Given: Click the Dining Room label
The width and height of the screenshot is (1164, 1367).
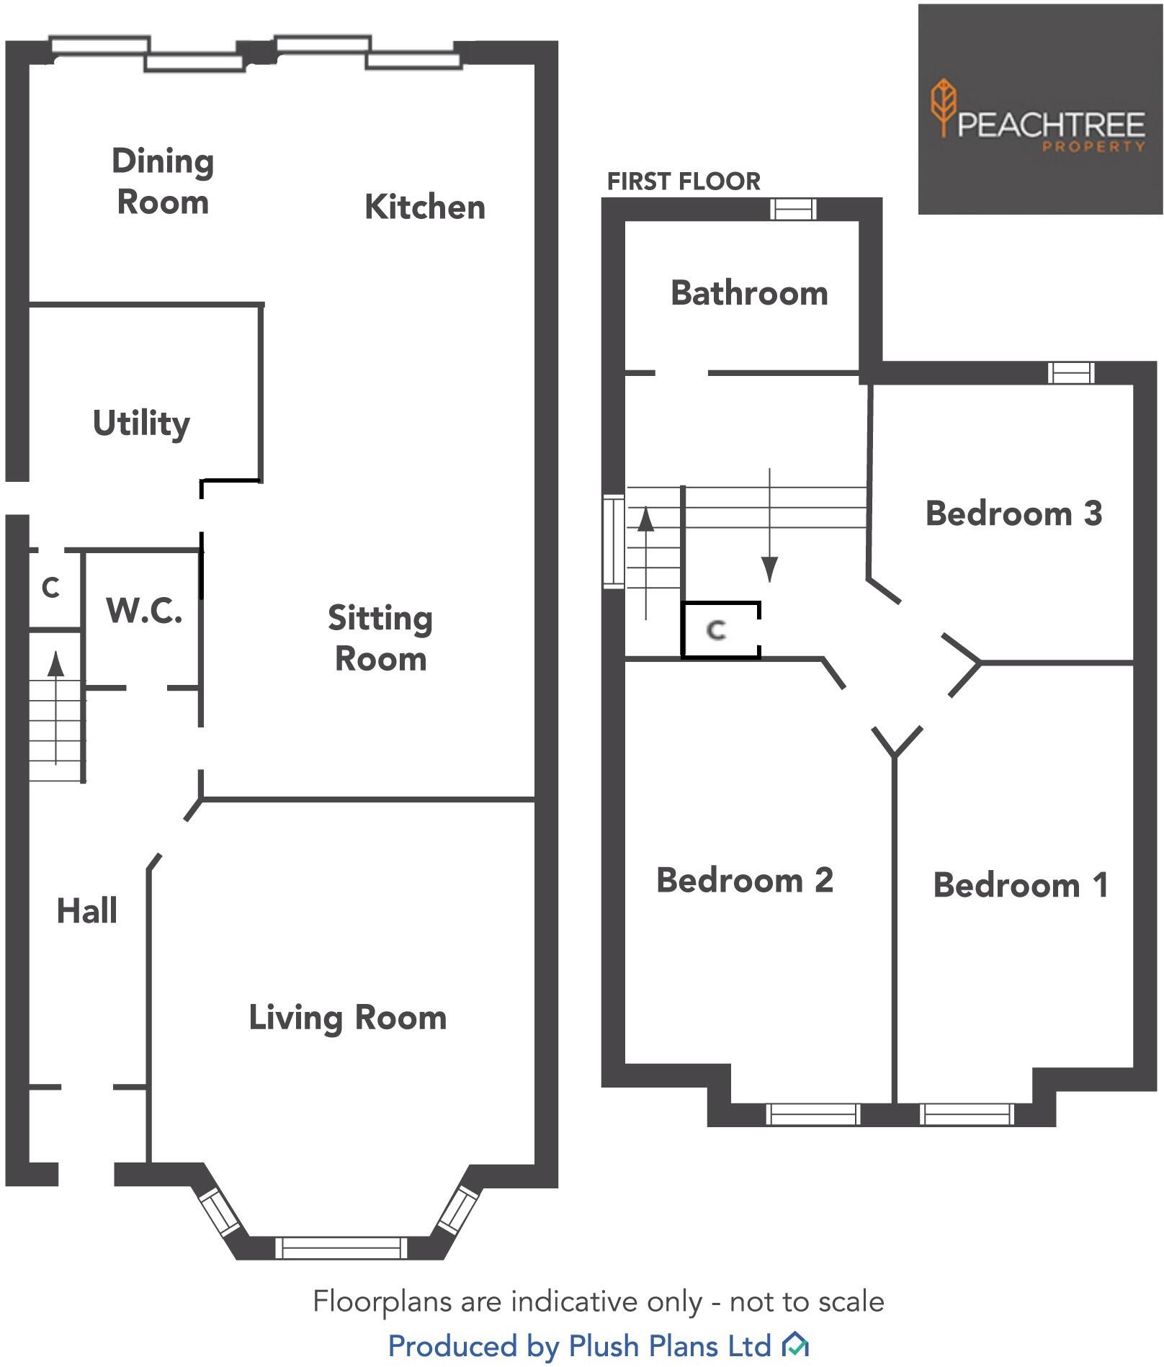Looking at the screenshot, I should coord(163,181).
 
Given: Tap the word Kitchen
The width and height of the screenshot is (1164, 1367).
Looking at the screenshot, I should coord(424,207).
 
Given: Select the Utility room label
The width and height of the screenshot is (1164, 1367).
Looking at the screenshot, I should coord(141,423).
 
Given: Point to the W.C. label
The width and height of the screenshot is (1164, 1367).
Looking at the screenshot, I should coord(144,611).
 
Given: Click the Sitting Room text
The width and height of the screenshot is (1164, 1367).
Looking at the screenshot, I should coord(380,638).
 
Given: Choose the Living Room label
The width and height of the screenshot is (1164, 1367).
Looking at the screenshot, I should coord(347,1018).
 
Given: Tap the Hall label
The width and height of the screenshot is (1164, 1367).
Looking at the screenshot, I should coord(86,911).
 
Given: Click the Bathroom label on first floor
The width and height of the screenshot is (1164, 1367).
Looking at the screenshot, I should coord(749,293).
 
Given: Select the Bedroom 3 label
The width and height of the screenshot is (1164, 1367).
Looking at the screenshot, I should coord(1013,514).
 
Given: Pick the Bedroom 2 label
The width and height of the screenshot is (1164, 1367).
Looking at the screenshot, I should coord(745,880).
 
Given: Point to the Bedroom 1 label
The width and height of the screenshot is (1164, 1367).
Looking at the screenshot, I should coord(1020,885).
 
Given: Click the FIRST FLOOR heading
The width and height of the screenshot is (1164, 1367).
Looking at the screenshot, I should coord(684,181).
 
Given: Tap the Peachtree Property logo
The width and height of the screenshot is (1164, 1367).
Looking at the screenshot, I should coord(1039,109).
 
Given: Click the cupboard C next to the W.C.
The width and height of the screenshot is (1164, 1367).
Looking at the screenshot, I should coord(50,588).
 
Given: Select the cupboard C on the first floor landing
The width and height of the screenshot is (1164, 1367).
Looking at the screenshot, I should coord(716,630).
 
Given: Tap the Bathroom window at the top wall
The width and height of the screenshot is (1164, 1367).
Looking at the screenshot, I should coord(792,209).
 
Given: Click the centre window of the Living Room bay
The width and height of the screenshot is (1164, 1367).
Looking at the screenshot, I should coord(341,1247).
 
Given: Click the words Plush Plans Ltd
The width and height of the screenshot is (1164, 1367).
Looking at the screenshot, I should coord(670,1345).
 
